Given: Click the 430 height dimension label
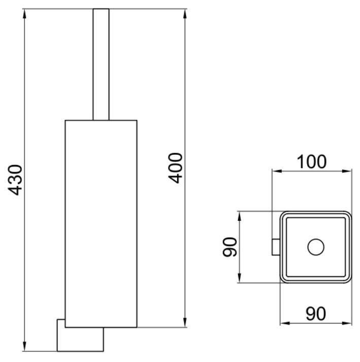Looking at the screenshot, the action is pos(15,180).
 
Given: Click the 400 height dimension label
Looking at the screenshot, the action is pos(176,168).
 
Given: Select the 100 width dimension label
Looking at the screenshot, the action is pos(311,162).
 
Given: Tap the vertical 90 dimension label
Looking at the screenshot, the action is pos(230,247).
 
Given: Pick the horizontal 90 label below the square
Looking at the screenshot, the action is pos(316,314).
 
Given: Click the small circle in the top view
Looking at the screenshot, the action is pos(316,247).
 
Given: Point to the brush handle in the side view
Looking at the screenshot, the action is pos(101,64).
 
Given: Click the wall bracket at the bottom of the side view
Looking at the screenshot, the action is pos(80,336).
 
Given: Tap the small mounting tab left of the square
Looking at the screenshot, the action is pos(276,247).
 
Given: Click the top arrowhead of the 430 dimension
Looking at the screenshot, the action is pos(25,14).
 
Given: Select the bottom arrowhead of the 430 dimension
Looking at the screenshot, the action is pos(25,346).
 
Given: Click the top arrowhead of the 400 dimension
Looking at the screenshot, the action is pos(185,14).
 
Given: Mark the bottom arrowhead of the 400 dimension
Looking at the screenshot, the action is pos(185,322).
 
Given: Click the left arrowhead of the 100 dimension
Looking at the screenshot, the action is pos(277,171).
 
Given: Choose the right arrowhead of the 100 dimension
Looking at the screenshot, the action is pos(347,171).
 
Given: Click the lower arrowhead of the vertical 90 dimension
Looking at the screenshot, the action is pos(240,278).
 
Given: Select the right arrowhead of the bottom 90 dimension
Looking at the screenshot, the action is pos(347,323).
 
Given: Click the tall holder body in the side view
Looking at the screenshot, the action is pos(101,224).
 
